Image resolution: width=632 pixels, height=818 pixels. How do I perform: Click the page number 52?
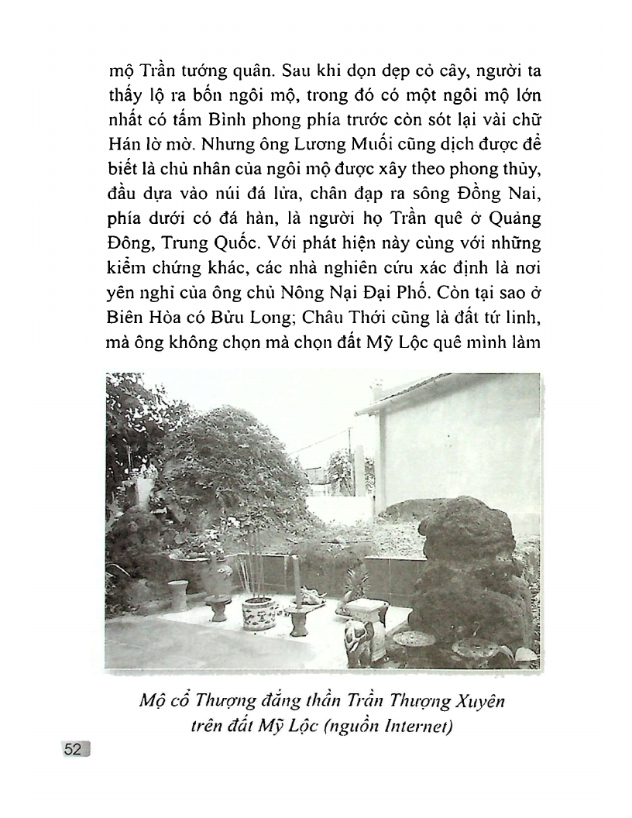tap(74, 749)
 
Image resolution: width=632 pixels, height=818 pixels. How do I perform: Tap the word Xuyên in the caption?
tap(477, 702)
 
